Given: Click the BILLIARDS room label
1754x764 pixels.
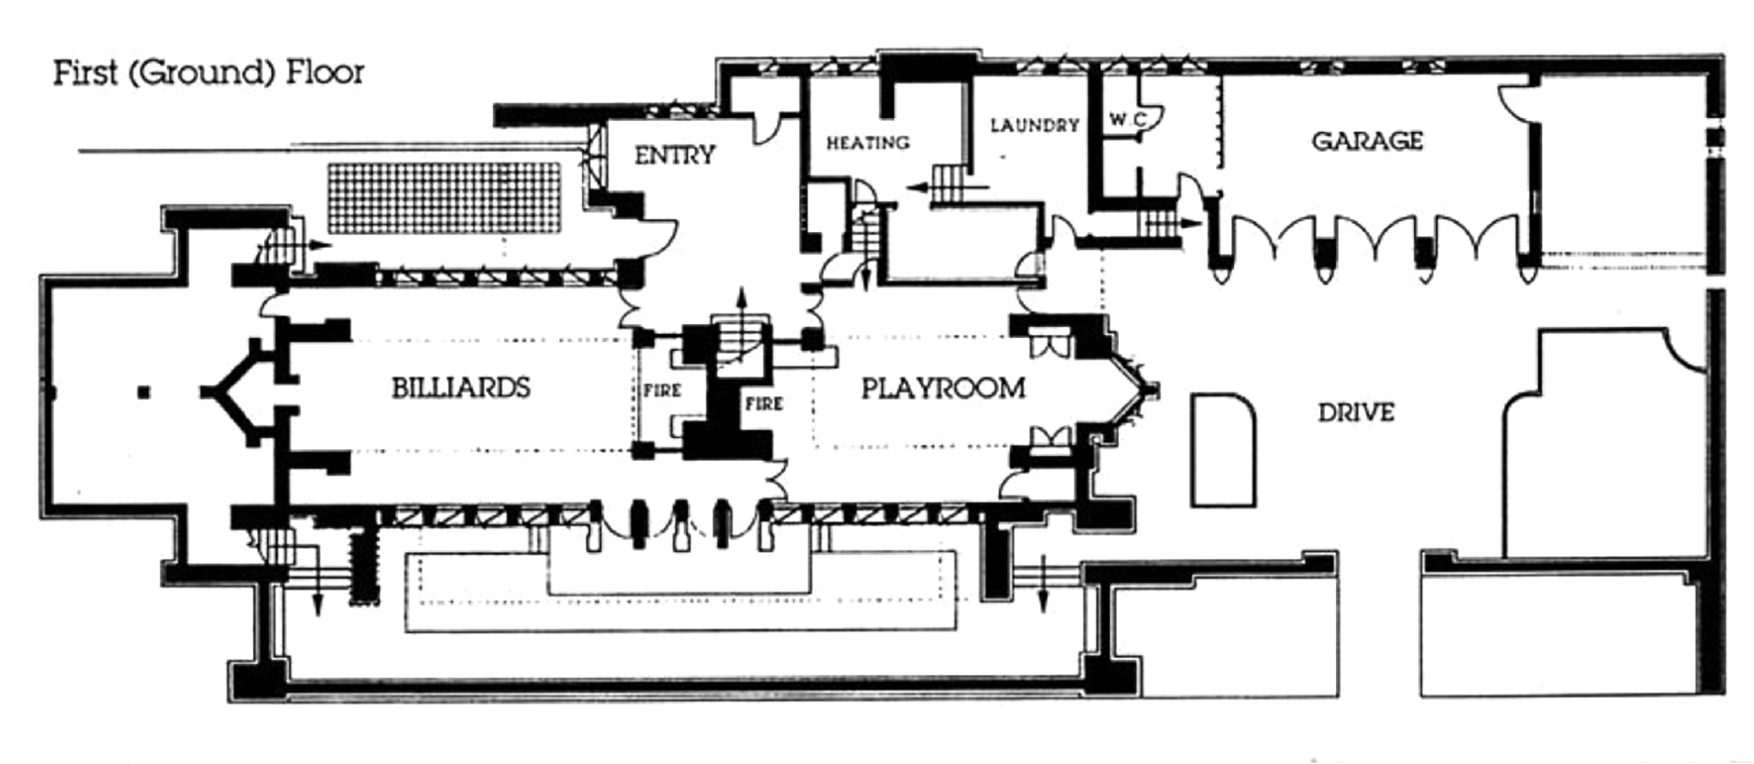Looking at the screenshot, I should [460, 388].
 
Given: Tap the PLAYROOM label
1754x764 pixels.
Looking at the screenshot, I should [943, 389].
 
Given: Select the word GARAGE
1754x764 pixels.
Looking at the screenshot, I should [1367, 141].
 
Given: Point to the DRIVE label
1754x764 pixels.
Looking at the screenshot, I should [1356, 413].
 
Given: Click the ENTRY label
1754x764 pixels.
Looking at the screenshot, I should [675, 155].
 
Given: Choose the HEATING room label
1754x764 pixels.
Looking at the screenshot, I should [868, 143].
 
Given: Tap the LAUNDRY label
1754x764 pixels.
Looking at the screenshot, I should [1034, 125].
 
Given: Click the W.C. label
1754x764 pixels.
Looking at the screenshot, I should [1127, 120].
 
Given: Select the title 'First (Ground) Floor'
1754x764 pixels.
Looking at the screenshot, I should [208, 72].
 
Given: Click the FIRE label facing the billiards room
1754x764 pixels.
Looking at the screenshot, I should [661, 390].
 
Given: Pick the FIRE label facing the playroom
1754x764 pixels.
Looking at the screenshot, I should [764, 404].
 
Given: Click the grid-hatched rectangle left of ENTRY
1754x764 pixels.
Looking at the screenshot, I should [444, 198].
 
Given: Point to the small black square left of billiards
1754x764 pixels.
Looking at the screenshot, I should [143, 392].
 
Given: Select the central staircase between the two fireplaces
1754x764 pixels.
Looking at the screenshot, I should [741, 338].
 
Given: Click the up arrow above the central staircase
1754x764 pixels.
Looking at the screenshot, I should [741, 300].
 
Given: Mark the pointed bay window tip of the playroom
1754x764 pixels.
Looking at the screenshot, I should [1152, 389].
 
